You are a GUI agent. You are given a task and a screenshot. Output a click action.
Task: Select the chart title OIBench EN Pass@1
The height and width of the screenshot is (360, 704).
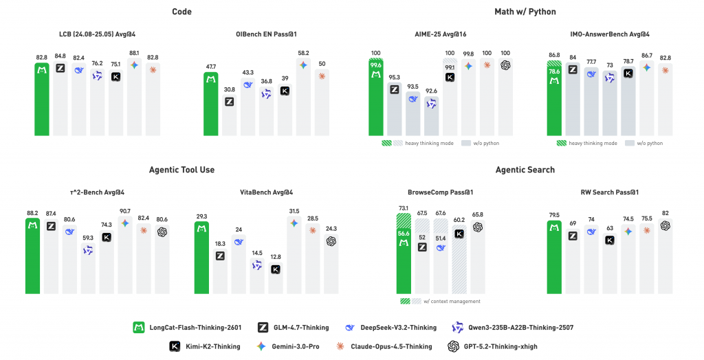(x=265, y=34)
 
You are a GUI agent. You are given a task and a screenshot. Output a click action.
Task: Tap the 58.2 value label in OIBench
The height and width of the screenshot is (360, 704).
(x=303, y=53)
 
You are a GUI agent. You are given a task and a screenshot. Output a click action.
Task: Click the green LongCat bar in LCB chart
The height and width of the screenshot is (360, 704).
(x=42, y=99)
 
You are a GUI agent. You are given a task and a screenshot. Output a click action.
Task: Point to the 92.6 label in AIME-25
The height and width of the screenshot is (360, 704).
(x=431, y=91)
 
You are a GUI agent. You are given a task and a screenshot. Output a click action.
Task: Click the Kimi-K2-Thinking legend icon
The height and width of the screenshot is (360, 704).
(x=175, y=346)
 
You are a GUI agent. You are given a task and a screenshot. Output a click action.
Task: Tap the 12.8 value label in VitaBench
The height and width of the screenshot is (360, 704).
(x=275, y=256)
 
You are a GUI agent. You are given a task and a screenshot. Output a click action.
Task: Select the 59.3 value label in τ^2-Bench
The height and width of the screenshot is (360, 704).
(x=87, y=238)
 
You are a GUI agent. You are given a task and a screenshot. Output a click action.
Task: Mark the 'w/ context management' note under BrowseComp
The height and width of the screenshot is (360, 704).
(x=441, y=301)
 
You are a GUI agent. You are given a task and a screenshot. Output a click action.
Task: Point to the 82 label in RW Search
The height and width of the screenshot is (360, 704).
(x=665, y=213)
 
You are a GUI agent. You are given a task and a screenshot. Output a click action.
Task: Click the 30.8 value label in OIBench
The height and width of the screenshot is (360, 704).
(x=229, y=89)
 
